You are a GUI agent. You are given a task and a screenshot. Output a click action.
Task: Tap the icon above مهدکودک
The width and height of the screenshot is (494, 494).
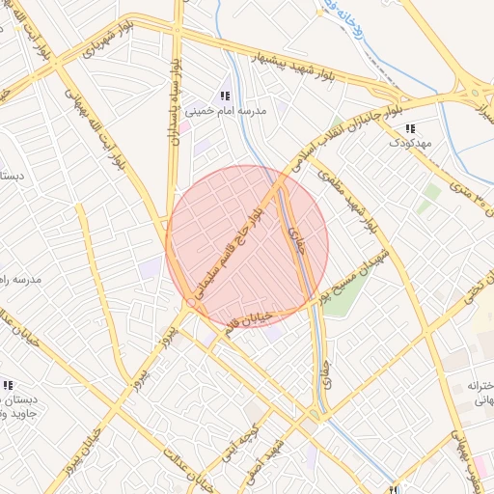[x=410, y=128]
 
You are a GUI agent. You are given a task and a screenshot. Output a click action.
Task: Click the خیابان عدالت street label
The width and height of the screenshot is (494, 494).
[x=189, y=465]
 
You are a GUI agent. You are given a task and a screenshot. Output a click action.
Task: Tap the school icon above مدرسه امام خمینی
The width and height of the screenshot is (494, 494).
[x=225, y=96]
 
